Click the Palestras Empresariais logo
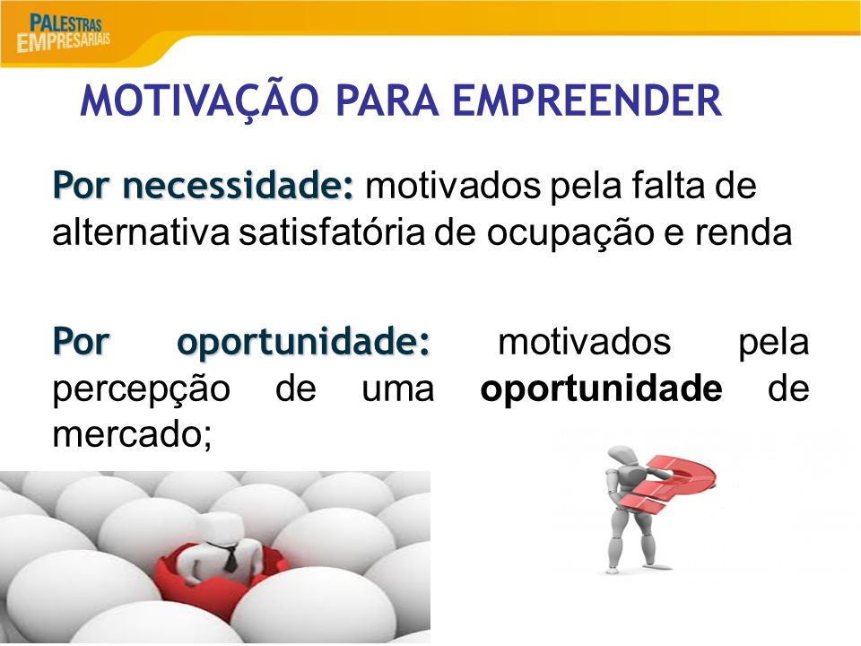point(63,33)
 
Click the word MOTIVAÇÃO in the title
point(199,101)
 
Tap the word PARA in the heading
point(387,100)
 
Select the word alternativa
point(141,232)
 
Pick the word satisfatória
point(332,232)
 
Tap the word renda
point(744,232)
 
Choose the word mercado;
point(133,434)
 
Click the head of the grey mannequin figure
point(621,458)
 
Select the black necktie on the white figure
point(230,557)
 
